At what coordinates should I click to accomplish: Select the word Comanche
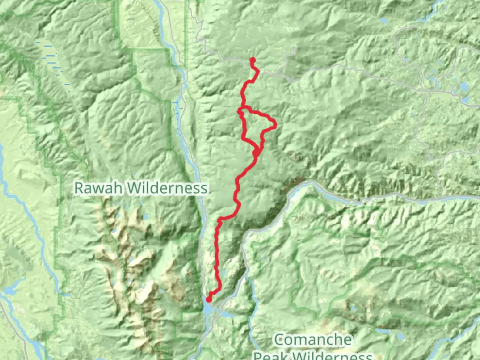pyautogui.click(x=313, y=340)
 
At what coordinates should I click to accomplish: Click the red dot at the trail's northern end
pyautogui.click(x=253, y=60)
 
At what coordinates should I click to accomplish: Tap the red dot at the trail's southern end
pyautogui.click(x=209, y=299)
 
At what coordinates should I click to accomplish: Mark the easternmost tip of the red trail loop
pyautogui.click(x=276, y=125)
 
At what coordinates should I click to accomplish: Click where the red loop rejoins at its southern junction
pyautogui.click(x=256, y=153)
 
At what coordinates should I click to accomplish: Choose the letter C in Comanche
pyautogui.click(x=279, y=340)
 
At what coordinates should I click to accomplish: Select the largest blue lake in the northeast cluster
pyautogui.click(x=464, y=87)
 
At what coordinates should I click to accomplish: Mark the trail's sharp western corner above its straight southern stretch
pyautogui.click(x=219, y=220)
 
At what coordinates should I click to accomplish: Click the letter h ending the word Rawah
pyautogui.click(x=120, y=188)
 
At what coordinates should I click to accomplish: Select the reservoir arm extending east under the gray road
pyautogui.click(x=227, y=314)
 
